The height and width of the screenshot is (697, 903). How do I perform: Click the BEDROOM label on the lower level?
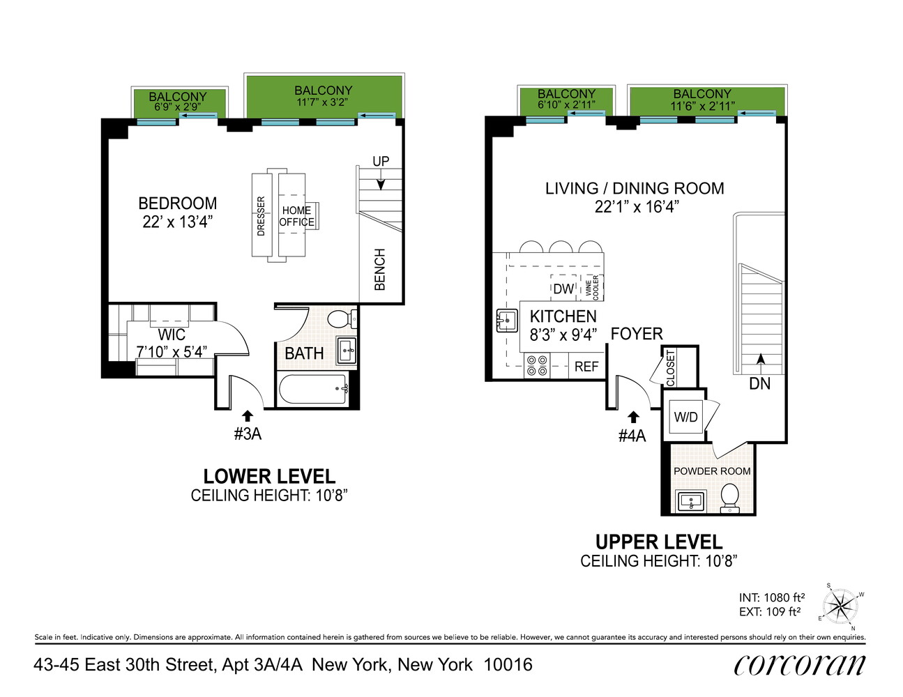177,204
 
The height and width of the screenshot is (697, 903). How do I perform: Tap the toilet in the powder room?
730,498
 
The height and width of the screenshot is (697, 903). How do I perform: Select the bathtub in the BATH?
313,389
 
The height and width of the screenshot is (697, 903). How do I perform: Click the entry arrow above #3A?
248,416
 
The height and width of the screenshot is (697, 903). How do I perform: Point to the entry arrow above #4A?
633,417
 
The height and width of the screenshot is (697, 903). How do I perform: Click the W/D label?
685,417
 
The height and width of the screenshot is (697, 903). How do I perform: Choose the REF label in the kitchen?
586,367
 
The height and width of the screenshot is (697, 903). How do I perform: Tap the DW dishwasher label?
563,289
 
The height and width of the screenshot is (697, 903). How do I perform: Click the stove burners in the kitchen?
536,365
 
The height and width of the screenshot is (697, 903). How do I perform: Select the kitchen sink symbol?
507,321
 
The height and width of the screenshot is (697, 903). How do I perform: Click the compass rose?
841,606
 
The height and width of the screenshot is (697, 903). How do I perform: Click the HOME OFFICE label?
296,216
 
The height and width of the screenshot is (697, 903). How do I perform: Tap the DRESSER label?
261,216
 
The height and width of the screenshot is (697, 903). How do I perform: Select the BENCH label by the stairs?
380,269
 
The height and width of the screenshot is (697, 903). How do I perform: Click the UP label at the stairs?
381,161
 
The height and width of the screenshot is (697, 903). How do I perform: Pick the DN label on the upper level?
759,383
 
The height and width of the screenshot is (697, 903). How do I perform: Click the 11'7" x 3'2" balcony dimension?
323,102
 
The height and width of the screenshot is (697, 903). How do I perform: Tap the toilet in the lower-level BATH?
341,320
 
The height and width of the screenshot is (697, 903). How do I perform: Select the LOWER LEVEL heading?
269,477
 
